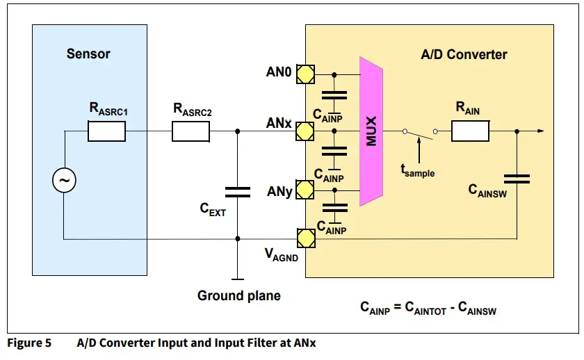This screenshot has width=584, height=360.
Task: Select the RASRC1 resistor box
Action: pyautogui.click(x=106, y=131)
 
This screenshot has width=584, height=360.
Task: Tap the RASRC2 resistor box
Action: pyautogui.click(x=190, y=131)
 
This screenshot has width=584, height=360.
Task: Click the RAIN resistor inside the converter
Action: pyautogui.click(x=471, y=131)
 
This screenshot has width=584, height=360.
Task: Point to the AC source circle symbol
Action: pyautogui.click(x=64, y=181)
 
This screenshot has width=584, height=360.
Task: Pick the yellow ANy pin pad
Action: pyautogui.click(x=305, y=188)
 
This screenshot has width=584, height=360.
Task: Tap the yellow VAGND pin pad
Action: pyautogui.click(x=305, y=238)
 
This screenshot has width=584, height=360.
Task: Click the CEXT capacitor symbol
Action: pyautogui.click(x=238, y=191)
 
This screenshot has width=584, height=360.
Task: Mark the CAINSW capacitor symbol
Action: pyautogui.click(x=516, y=179)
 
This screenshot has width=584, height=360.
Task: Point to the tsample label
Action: pyautogui.click(x=417, y=170)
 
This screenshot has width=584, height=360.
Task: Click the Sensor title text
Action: pyautogui.click(x=88, y=54)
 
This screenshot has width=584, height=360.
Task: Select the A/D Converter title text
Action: pyautogui.click(x=464, y=54)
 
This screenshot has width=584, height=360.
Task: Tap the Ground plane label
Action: pyautogui.click(x=239, y=295)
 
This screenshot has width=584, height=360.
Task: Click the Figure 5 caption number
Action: pyautogui.click(x=29, y=343)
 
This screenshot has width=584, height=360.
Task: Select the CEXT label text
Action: pyautogui.click(x=213, y=208)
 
